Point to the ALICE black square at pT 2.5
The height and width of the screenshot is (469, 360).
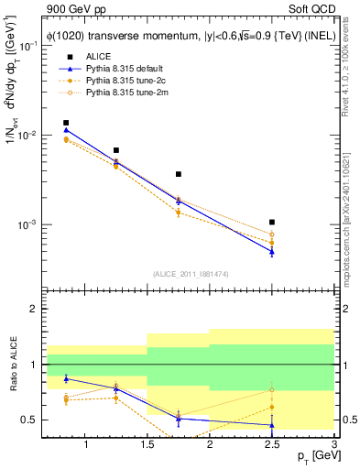(272, 222)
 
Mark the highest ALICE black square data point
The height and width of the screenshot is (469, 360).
(66, 123)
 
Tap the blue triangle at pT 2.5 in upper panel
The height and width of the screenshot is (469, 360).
(272, 252)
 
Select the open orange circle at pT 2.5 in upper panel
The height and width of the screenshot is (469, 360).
(272, 234)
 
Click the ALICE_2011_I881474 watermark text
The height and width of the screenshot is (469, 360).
(190, 274)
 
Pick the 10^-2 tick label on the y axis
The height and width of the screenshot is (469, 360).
(28, 136)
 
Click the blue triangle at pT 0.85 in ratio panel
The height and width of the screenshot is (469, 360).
(66, 378)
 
